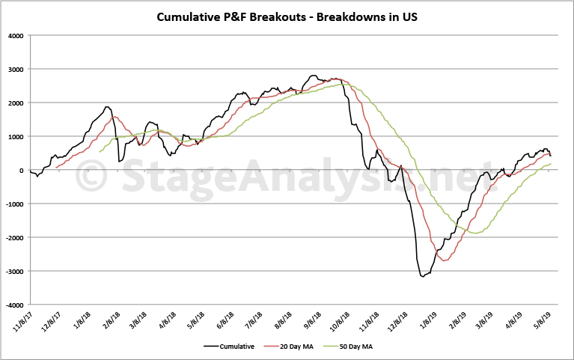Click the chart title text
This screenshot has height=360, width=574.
(287, 16)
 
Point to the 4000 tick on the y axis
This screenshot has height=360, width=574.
(16, 35)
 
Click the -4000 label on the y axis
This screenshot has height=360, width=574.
(14, 305)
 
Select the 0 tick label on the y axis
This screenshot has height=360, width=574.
(22, 171)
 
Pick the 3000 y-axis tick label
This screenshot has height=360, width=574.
(16, 69)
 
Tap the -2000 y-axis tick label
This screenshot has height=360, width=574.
(14, 238)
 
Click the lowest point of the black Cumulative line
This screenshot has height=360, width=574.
(423, 277)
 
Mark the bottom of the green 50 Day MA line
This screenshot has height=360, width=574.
(475, 233)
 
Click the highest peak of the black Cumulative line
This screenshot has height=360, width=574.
(314, 76)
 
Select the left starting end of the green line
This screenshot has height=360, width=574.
(100, 152)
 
